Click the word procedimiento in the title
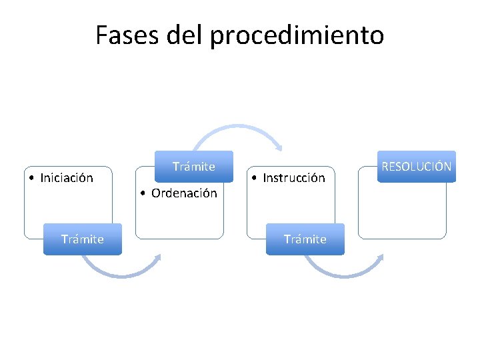coord(297,36)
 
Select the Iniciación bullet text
coord(67,178)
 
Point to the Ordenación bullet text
coord(184,193)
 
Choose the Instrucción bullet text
coord(294,178)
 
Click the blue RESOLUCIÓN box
coord(416,167)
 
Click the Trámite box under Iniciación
coord(83,239)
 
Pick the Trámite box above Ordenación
coord(194,167)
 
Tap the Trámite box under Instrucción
coord(305,239)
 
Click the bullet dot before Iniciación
coord(32,178)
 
